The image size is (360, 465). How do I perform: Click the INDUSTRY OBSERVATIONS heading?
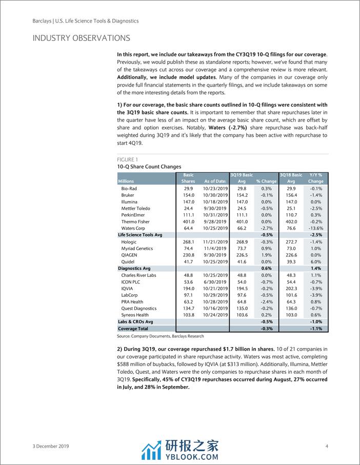click(81, 38)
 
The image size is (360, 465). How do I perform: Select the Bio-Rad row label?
click(129, 189)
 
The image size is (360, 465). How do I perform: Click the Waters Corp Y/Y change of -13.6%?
click(315, 228)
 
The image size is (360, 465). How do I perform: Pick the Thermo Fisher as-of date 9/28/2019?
click(214, 221)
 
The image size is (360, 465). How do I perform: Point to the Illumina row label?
click(129, 202)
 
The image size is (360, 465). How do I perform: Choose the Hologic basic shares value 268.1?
click(188, 241)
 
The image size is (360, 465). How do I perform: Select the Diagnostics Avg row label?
click(134, 268)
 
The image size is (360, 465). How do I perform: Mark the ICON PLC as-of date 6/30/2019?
click(214, 281)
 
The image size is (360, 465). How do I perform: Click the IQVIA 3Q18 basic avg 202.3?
click(291, 288)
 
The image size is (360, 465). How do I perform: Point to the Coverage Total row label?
click(133, 329)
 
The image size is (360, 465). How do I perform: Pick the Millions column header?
click(126, 181)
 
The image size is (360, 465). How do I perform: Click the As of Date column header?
click(215, 181)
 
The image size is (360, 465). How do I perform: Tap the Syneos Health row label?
click(135, 315)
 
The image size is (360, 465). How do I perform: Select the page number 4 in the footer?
click(327, 446)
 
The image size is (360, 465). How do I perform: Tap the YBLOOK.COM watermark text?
click(191, 453)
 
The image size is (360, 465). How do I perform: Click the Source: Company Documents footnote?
click(161, 336)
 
